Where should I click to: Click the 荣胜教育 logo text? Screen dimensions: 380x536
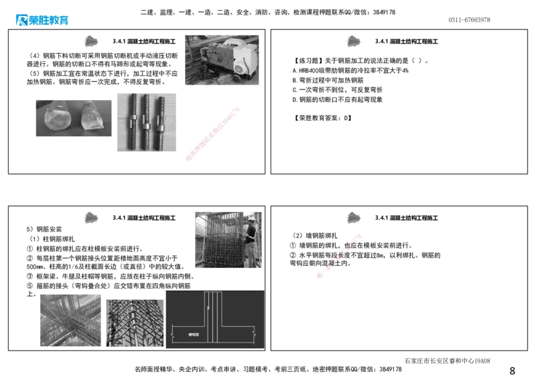[x=49, y=20]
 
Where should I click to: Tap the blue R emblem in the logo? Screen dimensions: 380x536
[x=20, y=20]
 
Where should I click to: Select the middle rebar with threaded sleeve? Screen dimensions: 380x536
[x=145, y=124]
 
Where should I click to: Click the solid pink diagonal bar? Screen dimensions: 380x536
[x=212, y=134]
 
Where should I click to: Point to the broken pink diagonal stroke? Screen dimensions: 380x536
[x=338, y=256]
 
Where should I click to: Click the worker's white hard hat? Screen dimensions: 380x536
[x=251, y=219]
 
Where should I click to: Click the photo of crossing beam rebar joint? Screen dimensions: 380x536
[x=70, y=320]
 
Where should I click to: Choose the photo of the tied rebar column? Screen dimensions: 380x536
[x=133, y=322]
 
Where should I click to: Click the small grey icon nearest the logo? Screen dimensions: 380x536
[x=90, y=40]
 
